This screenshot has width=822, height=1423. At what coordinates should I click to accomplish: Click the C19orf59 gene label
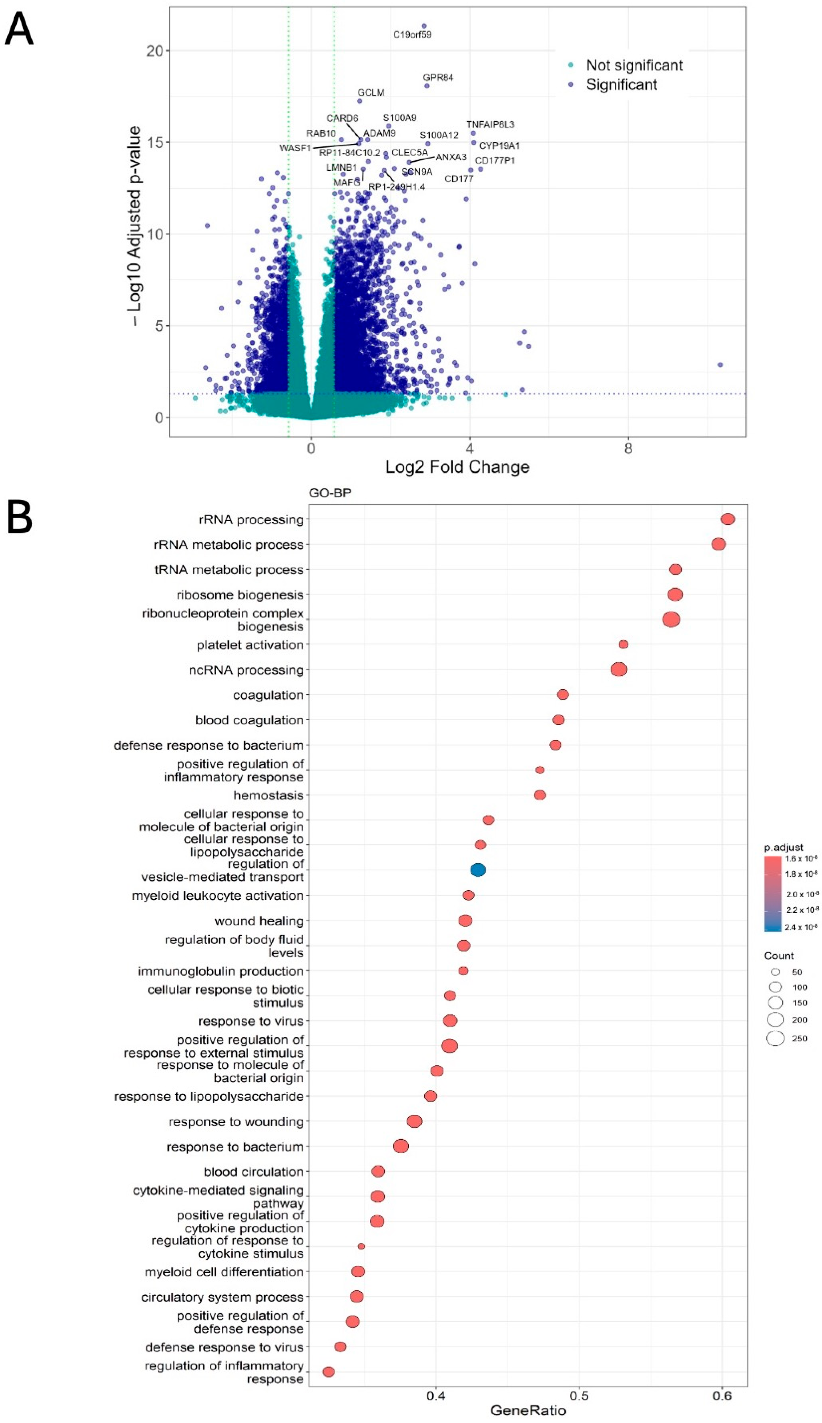pos(412,34)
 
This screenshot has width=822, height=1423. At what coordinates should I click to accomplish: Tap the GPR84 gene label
pos(438,77)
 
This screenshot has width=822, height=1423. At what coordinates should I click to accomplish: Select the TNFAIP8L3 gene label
pos(490,124)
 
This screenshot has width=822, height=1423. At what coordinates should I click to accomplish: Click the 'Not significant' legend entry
pos(634,65)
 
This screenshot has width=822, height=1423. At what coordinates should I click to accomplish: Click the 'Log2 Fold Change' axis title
pos(457,467)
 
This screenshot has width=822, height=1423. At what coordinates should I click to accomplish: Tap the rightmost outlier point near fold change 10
pos(720,364)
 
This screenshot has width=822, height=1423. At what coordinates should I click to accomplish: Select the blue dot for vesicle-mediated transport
pos(478,870)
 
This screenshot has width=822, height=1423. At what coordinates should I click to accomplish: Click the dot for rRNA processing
pos(728,518)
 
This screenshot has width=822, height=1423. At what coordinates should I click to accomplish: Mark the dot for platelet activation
pos(623,644)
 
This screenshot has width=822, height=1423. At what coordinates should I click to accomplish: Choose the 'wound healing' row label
pos(259,921)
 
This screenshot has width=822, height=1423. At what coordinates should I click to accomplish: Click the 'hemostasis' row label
pos(269,795)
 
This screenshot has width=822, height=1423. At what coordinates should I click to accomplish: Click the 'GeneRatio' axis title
pos(528,1410)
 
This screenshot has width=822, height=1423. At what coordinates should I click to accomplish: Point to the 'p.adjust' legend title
pos(784,847)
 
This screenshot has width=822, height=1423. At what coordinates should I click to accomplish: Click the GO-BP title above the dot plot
pos(330,492)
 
